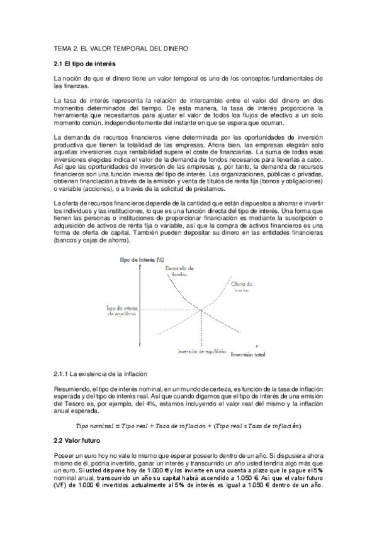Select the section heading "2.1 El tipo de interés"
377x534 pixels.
pyautogui.click(x=84, y=64)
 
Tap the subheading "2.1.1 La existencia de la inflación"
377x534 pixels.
pyautogui.click(x=100, y=374)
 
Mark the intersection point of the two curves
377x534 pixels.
pyautogui.click(x=201, y=309)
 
